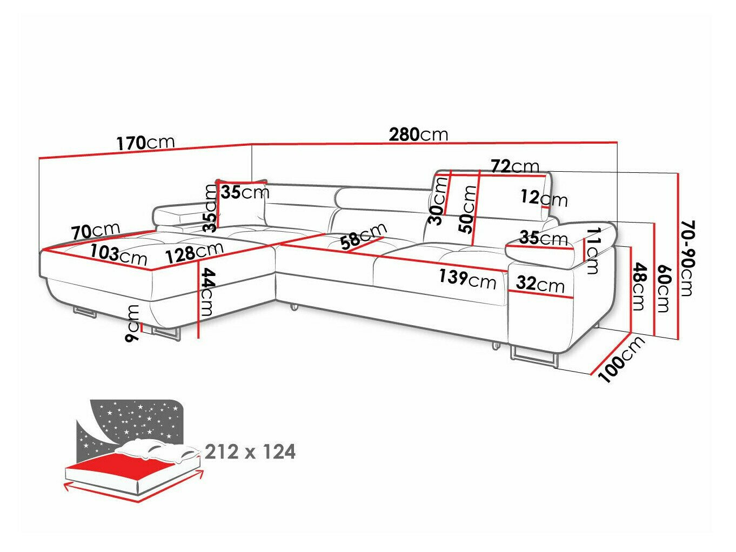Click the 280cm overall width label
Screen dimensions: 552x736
418,134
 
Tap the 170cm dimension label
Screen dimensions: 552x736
145,143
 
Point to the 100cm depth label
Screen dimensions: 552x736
623,359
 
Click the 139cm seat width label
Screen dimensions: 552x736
467,279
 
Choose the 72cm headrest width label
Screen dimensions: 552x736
514,166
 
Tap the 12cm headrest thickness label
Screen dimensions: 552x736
544,198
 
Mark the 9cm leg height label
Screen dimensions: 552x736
132,323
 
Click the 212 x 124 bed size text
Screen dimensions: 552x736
250,452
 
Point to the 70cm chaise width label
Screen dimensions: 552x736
95,232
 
